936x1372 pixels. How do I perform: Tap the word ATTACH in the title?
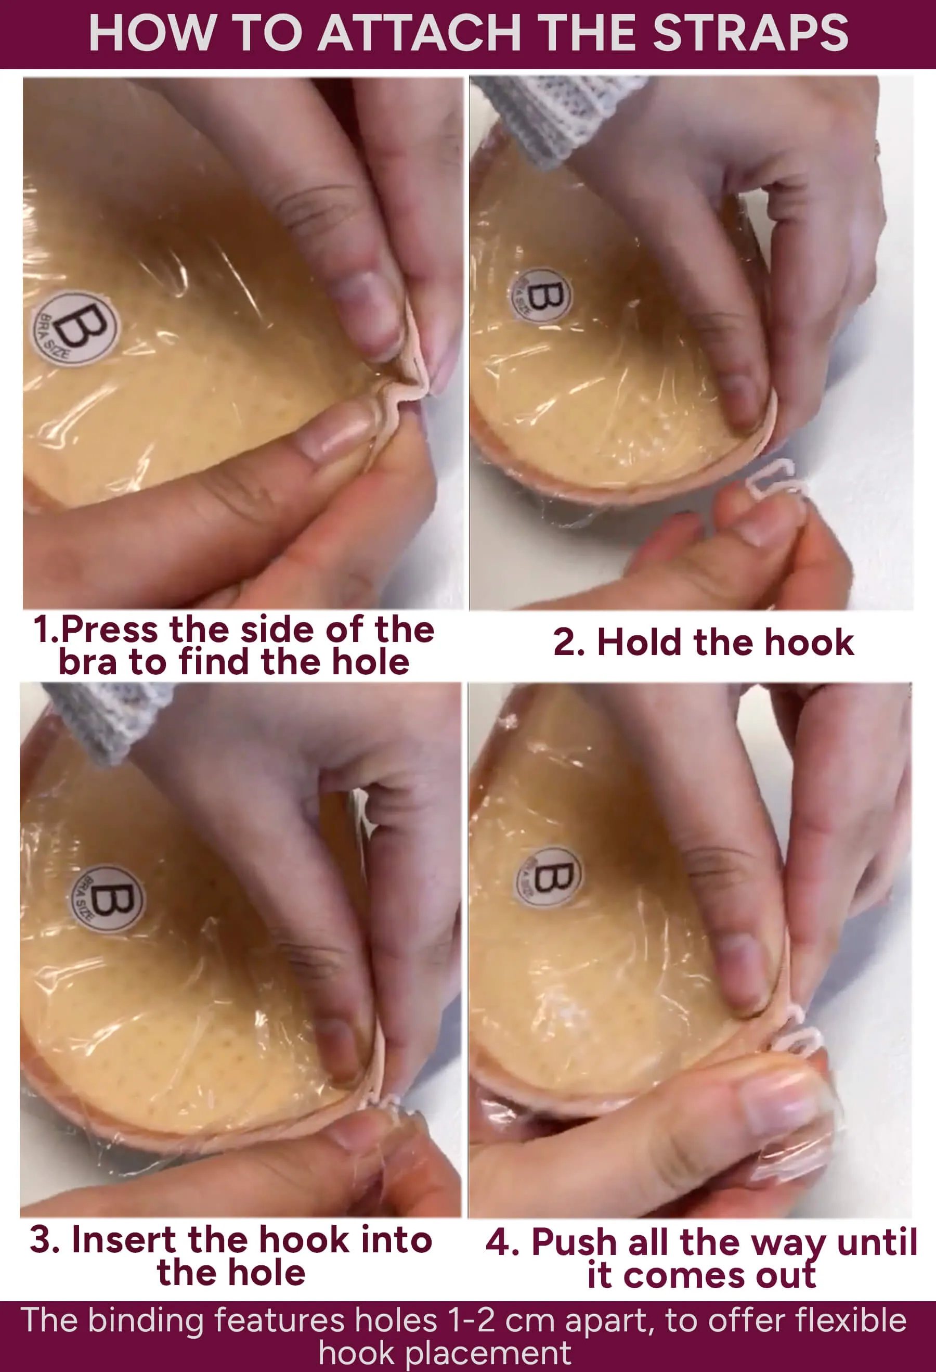[420, 34]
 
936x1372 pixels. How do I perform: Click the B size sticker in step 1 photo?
[75, 328]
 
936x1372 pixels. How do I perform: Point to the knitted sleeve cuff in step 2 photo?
[561, 118]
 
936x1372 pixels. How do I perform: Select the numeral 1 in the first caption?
[43, 630]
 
